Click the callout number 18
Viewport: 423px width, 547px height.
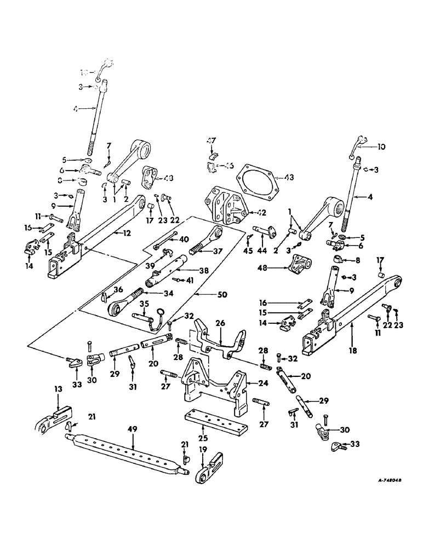352,325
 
